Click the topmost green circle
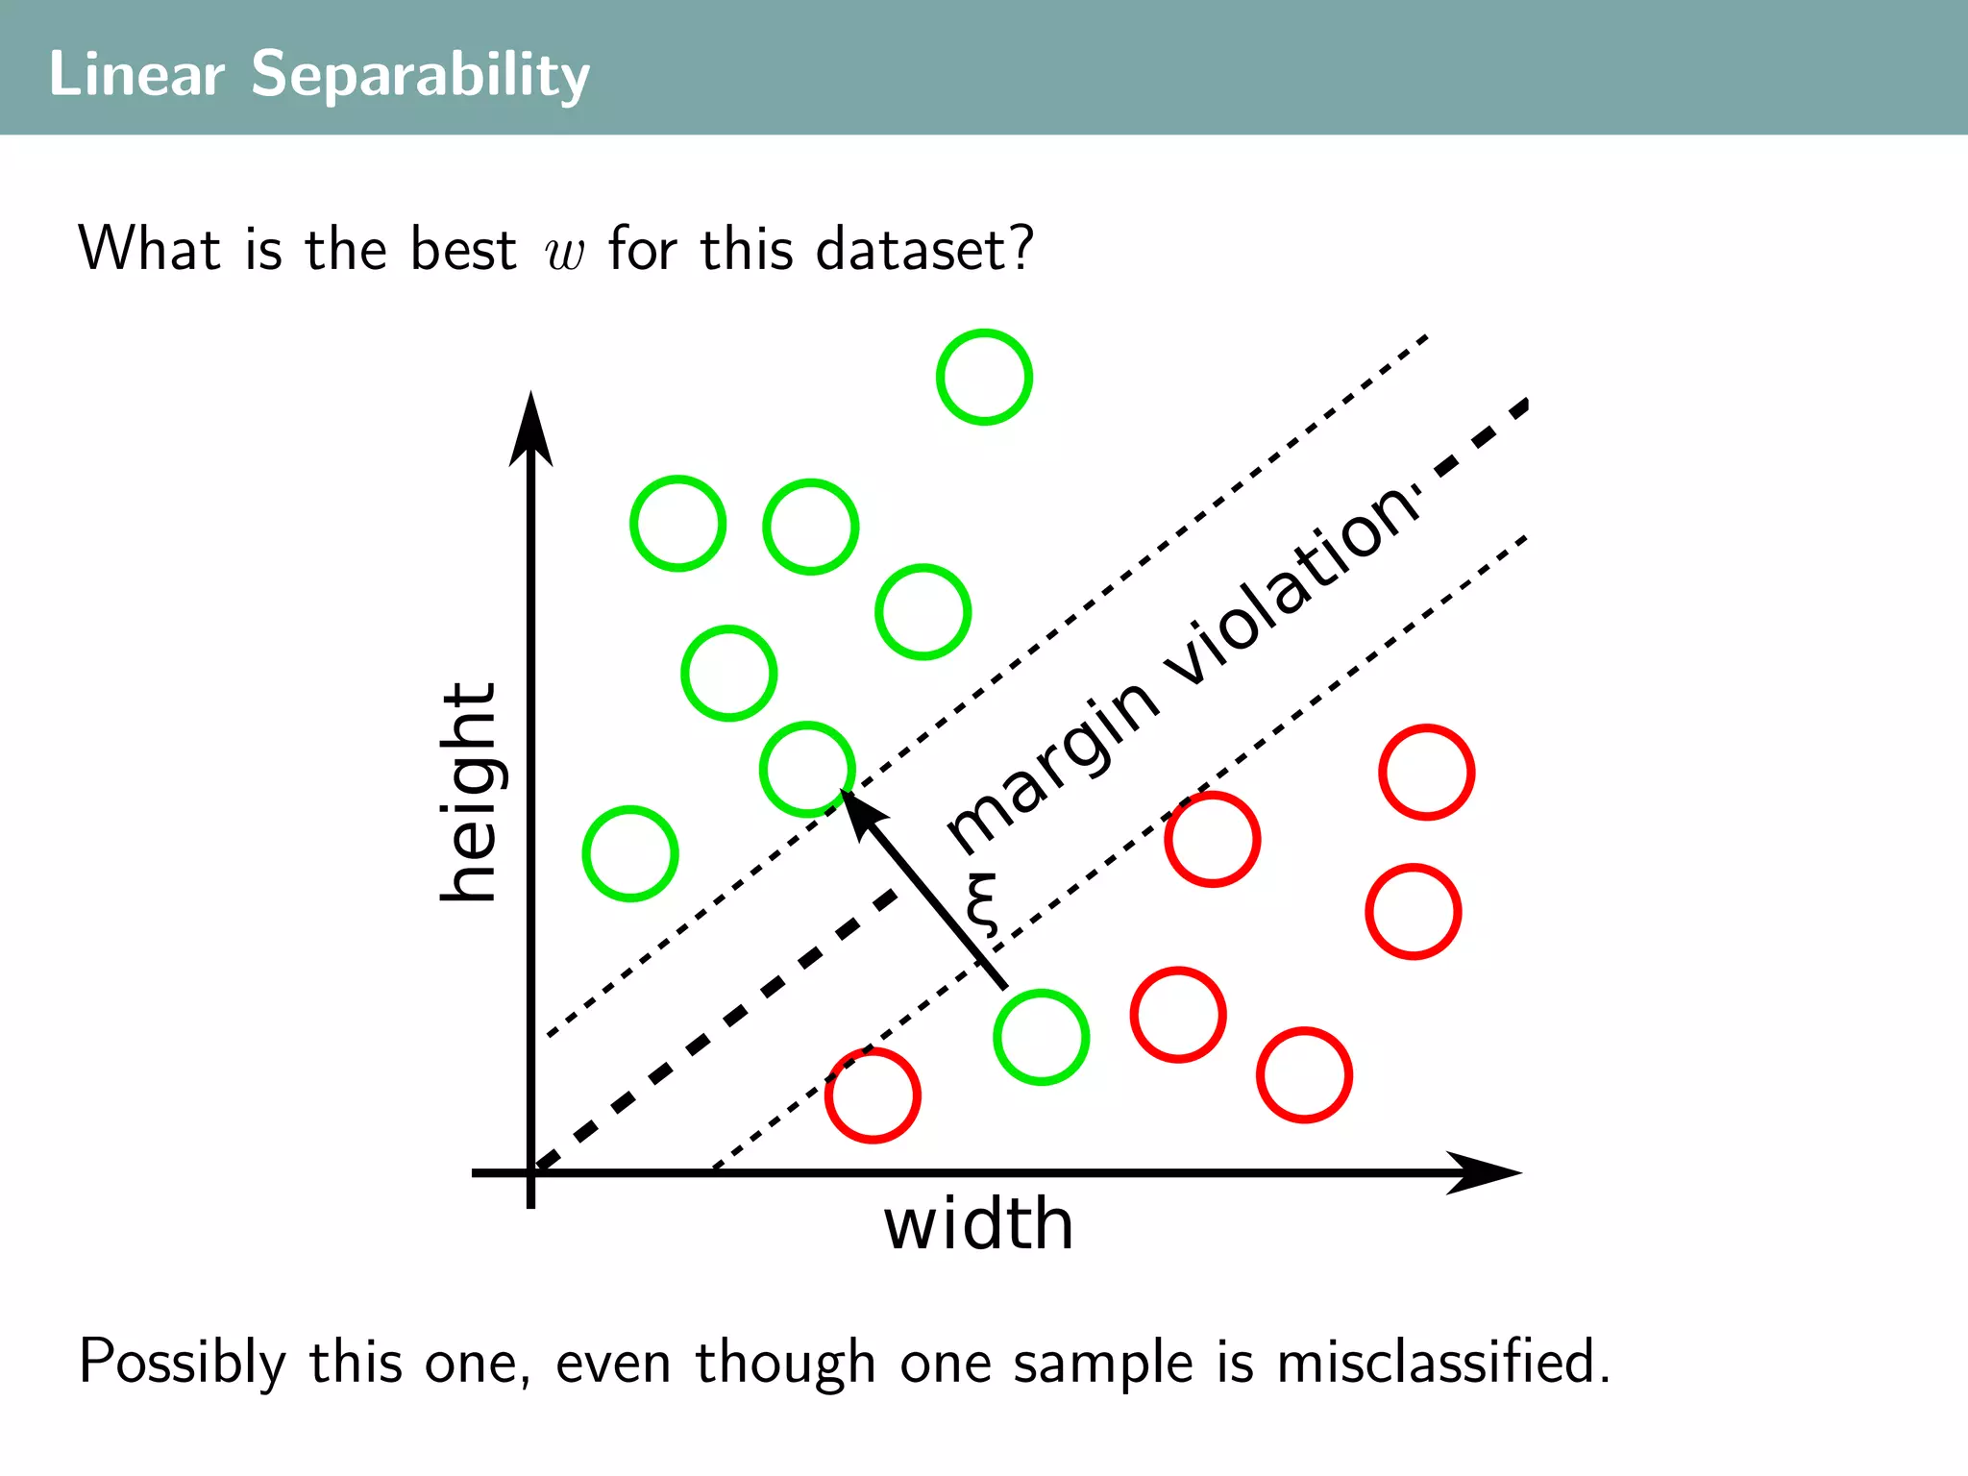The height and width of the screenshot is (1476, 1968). (984, 377)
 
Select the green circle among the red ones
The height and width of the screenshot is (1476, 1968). (1041, 1037)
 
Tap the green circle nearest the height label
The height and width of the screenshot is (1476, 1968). (630, 853)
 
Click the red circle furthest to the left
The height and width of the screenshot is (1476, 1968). (873, 1095)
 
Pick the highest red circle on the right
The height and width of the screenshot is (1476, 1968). (1426, 772)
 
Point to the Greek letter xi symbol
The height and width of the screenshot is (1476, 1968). (982, 903)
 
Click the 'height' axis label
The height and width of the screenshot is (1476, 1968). (468, 792)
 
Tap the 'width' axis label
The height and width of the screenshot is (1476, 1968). (978, 1224)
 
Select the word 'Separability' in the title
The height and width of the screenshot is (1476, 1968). (420, 74)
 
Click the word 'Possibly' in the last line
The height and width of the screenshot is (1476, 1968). (183, 1363)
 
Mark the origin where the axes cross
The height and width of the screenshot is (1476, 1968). (530, 1172)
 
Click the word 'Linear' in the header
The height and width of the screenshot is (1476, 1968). (136, 74)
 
